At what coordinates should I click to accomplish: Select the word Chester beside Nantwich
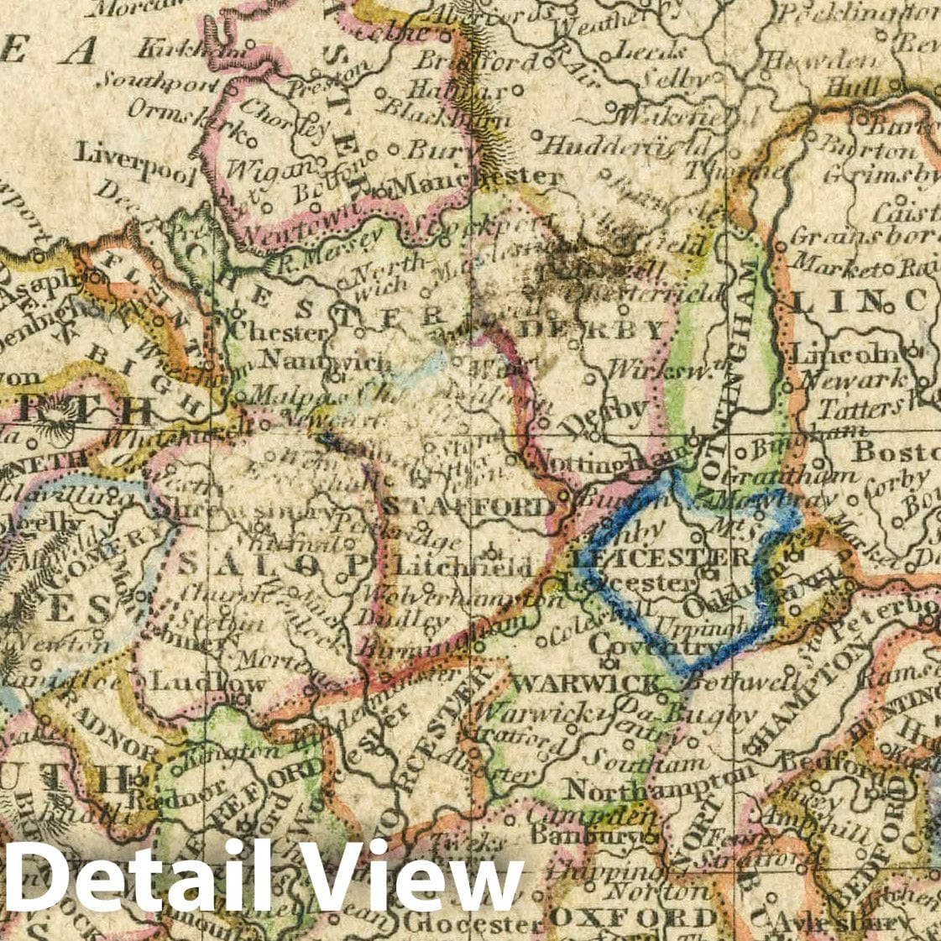coord(276,332)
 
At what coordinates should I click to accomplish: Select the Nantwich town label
coord(326,363)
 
